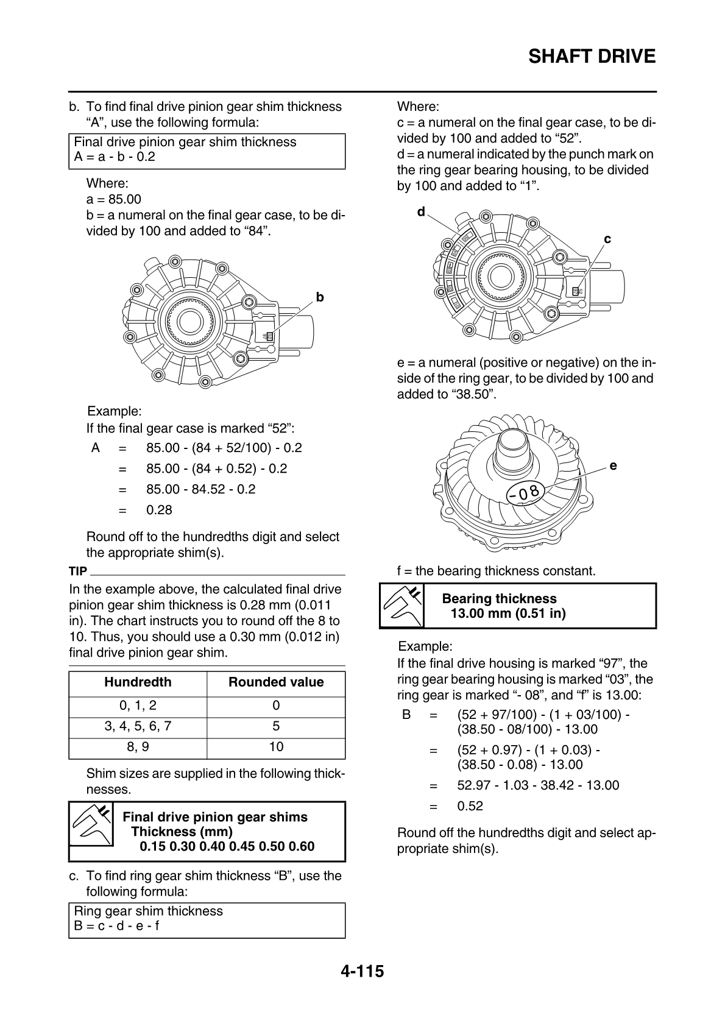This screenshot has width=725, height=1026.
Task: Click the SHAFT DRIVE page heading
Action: pos(592,57)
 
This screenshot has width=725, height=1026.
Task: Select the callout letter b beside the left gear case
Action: pos(320,297)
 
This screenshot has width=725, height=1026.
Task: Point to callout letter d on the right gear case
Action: pos(421,211)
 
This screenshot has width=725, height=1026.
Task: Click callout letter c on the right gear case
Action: pos(607,239)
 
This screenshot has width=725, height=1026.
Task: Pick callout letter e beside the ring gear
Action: pos(613,466)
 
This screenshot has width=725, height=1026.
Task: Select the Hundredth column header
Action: pos(138,682)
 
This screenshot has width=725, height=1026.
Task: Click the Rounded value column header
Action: pos(276,682)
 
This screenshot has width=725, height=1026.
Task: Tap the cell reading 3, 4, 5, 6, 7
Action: pos(138,726)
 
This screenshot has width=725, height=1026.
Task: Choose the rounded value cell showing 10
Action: pos(276,747)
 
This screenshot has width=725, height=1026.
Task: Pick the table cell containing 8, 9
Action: pos(138,747)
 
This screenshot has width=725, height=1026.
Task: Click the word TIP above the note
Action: pos(78,571)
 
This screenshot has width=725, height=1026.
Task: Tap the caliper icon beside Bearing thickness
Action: pos(402,606)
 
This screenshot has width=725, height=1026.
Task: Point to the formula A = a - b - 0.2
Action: pos(115,157)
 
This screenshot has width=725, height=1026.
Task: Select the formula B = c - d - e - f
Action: pos(116,926)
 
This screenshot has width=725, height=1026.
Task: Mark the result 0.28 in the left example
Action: pos(159,510)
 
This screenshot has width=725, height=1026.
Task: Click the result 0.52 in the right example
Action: pos(470,806)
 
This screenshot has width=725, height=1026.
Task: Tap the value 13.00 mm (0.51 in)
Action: pos(508,614)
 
